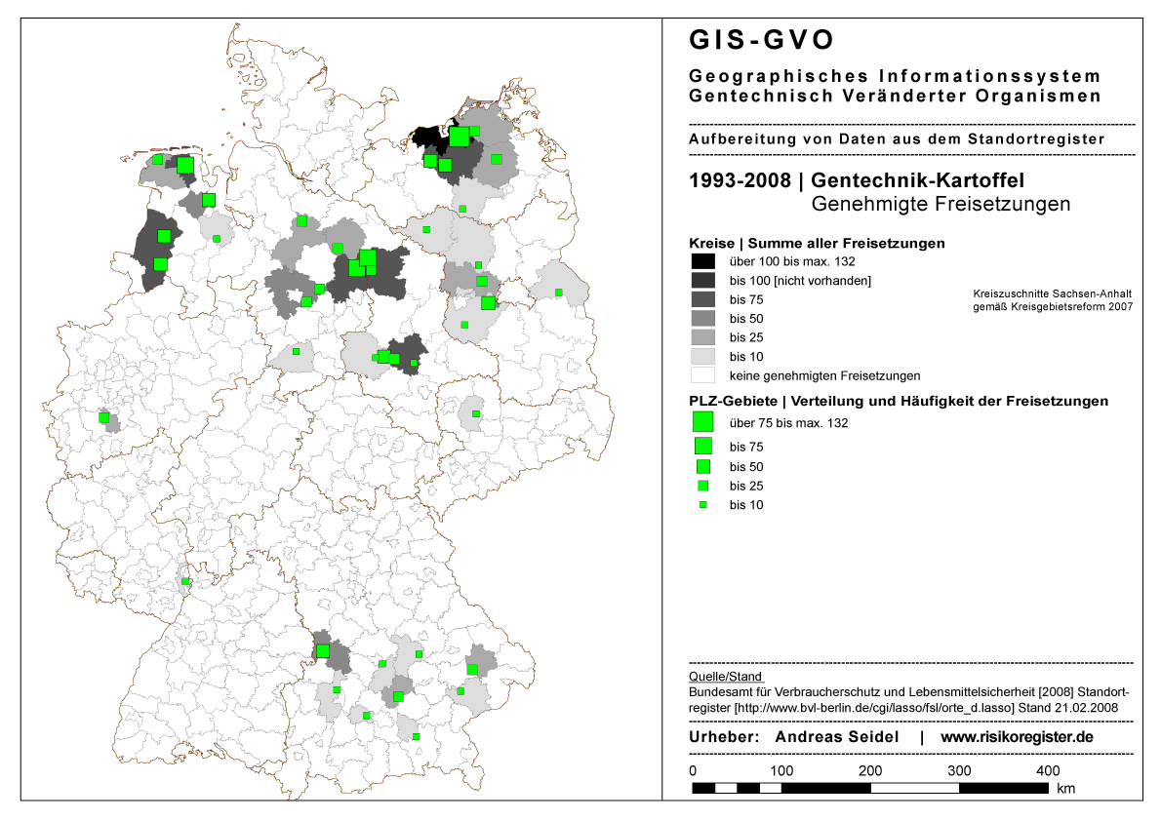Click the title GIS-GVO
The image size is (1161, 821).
(762, 40)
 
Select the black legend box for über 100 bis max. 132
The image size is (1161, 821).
(702, 261)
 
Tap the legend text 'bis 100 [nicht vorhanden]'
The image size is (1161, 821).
(800, 281)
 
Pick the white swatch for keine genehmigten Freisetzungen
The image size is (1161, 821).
(702, 375)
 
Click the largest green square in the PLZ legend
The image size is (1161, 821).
(702, 422)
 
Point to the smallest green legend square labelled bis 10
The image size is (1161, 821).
(702, 505)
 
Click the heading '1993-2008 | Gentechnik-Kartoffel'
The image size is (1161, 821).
(857, 180)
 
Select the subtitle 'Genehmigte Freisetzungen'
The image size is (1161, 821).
(941, 204)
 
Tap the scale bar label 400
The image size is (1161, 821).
(1048, 770)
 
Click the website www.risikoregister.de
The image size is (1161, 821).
(1017, 737)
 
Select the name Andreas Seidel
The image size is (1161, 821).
(836, 737)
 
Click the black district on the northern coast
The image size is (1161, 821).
(430, 137)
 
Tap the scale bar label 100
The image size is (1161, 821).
(781, 770)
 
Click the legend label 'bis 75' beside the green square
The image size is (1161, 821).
(746, 447)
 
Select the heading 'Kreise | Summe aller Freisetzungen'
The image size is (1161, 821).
(817, 243)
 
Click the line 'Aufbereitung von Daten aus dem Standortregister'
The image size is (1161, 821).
(897, 139)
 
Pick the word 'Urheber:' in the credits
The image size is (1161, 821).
(723, 737)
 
